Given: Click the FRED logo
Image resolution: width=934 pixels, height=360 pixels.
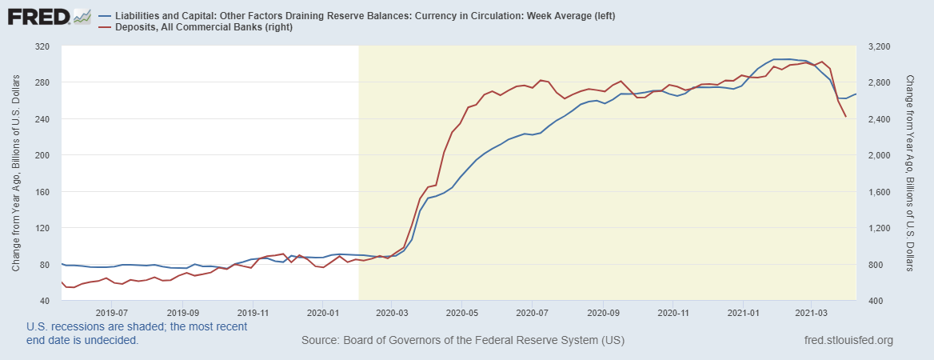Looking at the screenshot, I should pyautogui.click(x=48, y=16).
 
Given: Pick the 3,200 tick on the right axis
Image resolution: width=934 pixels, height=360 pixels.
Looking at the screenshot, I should pyautogui.click(x=877, y=46).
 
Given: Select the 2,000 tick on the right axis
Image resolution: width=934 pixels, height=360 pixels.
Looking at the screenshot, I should pyautogui.click(x=877, y=155).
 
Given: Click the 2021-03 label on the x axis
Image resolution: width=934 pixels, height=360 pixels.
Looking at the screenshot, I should pyautogui.click(x=812, y=313).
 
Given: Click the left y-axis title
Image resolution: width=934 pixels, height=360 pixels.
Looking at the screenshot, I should pyautogui.click(x=16, y=173).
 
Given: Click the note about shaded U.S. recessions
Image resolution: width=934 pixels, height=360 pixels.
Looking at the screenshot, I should pyautogui.click(x=137, y=333).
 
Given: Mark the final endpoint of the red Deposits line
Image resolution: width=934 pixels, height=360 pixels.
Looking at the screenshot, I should pyautogui.click(x=846, y=117).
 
